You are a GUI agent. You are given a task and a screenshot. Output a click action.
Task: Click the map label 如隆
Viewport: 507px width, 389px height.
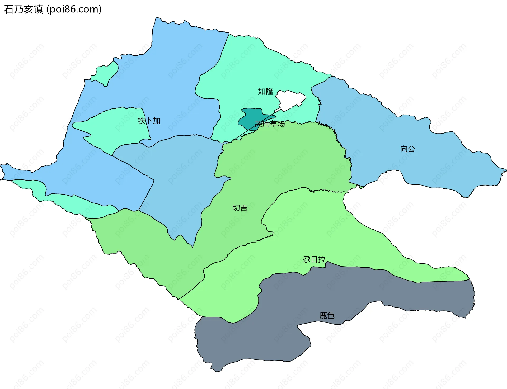coord(265,92)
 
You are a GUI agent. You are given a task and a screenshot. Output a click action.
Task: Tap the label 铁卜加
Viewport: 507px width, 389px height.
coord(149,121)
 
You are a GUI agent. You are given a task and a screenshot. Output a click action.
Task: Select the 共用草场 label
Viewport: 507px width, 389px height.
coord(270,124)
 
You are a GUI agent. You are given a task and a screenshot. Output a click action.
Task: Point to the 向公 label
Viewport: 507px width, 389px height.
coord(407,149)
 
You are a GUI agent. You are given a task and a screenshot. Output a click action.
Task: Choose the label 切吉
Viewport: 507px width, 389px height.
coord(240,208)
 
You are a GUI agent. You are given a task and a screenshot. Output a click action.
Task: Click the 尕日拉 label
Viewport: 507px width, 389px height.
coord(314,259)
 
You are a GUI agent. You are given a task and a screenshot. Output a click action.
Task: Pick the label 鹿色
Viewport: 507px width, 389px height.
coord(327,315)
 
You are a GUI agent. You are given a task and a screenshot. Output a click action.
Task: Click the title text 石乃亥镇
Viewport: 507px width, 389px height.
coord(23,10)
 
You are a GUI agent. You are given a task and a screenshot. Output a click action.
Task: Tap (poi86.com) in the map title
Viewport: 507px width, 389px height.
coord(74,10)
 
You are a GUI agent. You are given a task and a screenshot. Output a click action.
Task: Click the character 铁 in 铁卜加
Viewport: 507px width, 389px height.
coord(142,121)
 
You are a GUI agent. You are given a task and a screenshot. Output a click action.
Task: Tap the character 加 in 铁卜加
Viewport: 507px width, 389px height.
coord(157,121)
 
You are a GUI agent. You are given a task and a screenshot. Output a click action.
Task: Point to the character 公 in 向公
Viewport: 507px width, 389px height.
coord(411,149)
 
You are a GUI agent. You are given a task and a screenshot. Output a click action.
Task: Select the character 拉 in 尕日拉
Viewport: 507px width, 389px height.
coord(322,259)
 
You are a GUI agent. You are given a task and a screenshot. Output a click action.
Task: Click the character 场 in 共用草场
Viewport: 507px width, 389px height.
coord(281,124)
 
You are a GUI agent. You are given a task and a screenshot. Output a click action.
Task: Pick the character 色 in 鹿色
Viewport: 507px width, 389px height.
coord(331,315)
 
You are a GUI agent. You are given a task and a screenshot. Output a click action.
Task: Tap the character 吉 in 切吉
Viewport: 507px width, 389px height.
coord(244,208)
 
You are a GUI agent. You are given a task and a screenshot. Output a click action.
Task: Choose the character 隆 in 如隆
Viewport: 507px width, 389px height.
coord(269,92)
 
